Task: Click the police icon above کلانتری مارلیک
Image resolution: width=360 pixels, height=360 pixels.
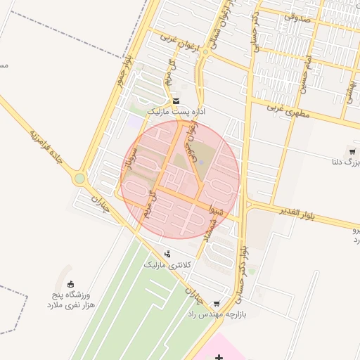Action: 167,254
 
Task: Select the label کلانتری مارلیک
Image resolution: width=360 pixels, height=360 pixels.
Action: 167,265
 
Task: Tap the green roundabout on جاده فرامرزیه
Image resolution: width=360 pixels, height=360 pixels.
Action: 79,179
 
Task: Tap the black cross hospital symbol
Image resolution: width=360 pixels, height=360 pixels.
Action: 219,358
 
